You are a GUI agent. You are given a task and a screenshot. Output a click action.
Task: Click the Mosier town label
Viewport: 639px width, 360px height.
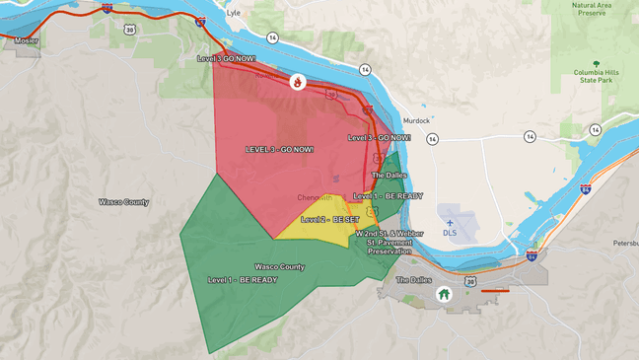(27, 41)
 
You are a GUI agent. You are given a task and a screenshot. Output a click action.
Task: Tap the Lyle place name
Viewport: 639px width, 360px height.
(233, 14)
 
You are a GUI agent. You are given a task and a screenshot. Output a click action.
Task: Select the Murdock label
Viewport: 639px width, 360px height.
(416, 120)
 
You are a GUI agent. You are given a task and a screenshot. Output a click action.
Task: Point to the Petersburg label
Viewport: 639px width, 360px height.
(625, 242)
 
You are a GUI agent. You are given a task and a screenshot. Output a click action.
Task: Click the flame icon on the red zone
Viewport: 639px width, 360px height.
(297, 82)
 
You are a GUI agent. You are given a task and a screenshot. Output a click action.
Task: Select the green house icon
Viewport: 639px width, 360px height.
(444, 294)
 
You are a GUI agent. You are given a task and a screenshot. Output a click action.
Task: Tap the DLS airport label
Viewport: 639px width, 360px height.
(450, 233)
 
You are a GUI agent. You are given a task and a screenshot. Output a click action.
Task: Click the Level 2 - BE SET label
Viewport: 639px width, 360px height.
(330, 219)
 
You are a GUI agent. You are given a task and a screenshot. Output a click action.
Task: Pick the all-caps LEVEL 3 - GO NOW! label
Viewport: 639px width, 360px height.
(280, 149)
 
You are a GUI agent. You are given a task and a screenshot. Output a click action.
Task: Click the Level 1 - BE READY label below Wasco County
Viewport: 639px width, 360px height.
(243, 280)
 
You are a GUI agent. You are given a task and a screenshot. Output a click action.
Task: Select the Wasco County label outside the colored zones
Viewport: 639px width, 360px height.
(123, 202)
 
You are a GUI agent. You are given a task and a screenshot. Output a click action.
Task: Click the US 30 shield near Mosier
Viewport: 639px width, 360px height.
(129, 30)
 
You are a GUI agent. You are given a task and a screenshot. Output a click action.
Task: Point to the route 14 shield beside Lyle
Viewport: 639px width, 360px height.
(272, 37)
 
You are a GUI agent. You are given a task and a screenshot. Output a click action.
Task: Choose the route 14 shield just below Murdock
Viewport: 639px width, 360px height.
(432, 139)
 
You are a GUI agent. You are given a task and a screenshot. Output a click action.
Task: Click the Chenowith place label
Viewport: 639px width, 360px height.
(315, 197)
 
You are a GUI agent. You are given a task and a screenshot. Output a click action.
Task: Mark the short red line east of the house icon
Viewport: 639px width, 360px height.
(495, 291)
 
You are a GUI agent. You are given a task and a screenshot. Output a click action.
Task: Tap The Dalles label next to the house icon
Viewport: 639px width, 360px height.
(413, 280)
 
